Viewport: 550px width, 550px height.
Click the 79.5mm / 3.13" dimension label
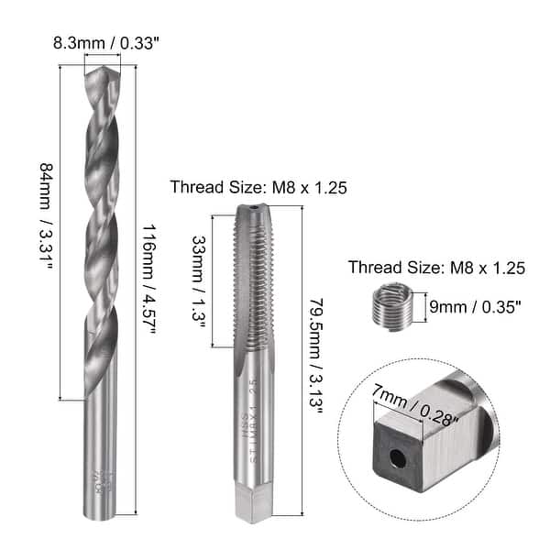(x=316, y=356)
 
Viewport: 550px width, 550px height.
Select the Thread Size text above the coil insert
(x=435, y=268)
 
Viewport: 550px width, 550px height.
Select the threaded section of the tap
(x=254, y=284)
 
